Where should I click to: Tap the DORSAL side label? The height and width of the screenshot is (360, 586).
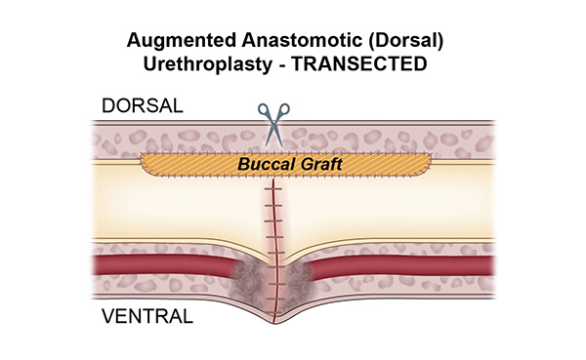coord(139,106)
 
